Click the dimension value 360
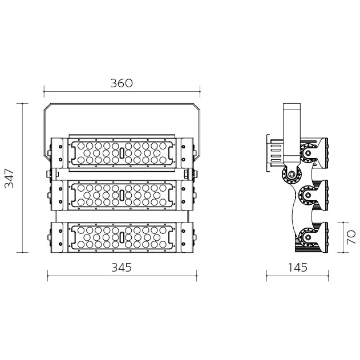122,83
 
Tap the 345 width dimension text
122,267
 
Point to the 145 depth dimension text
297,267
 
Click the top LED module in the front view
122,153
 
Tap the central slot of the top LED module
122,153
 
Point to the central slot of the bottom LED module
122,237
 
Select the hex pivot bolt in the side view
292,174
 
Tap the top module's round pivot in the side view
309,153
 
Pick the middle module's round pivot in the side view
309,196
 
